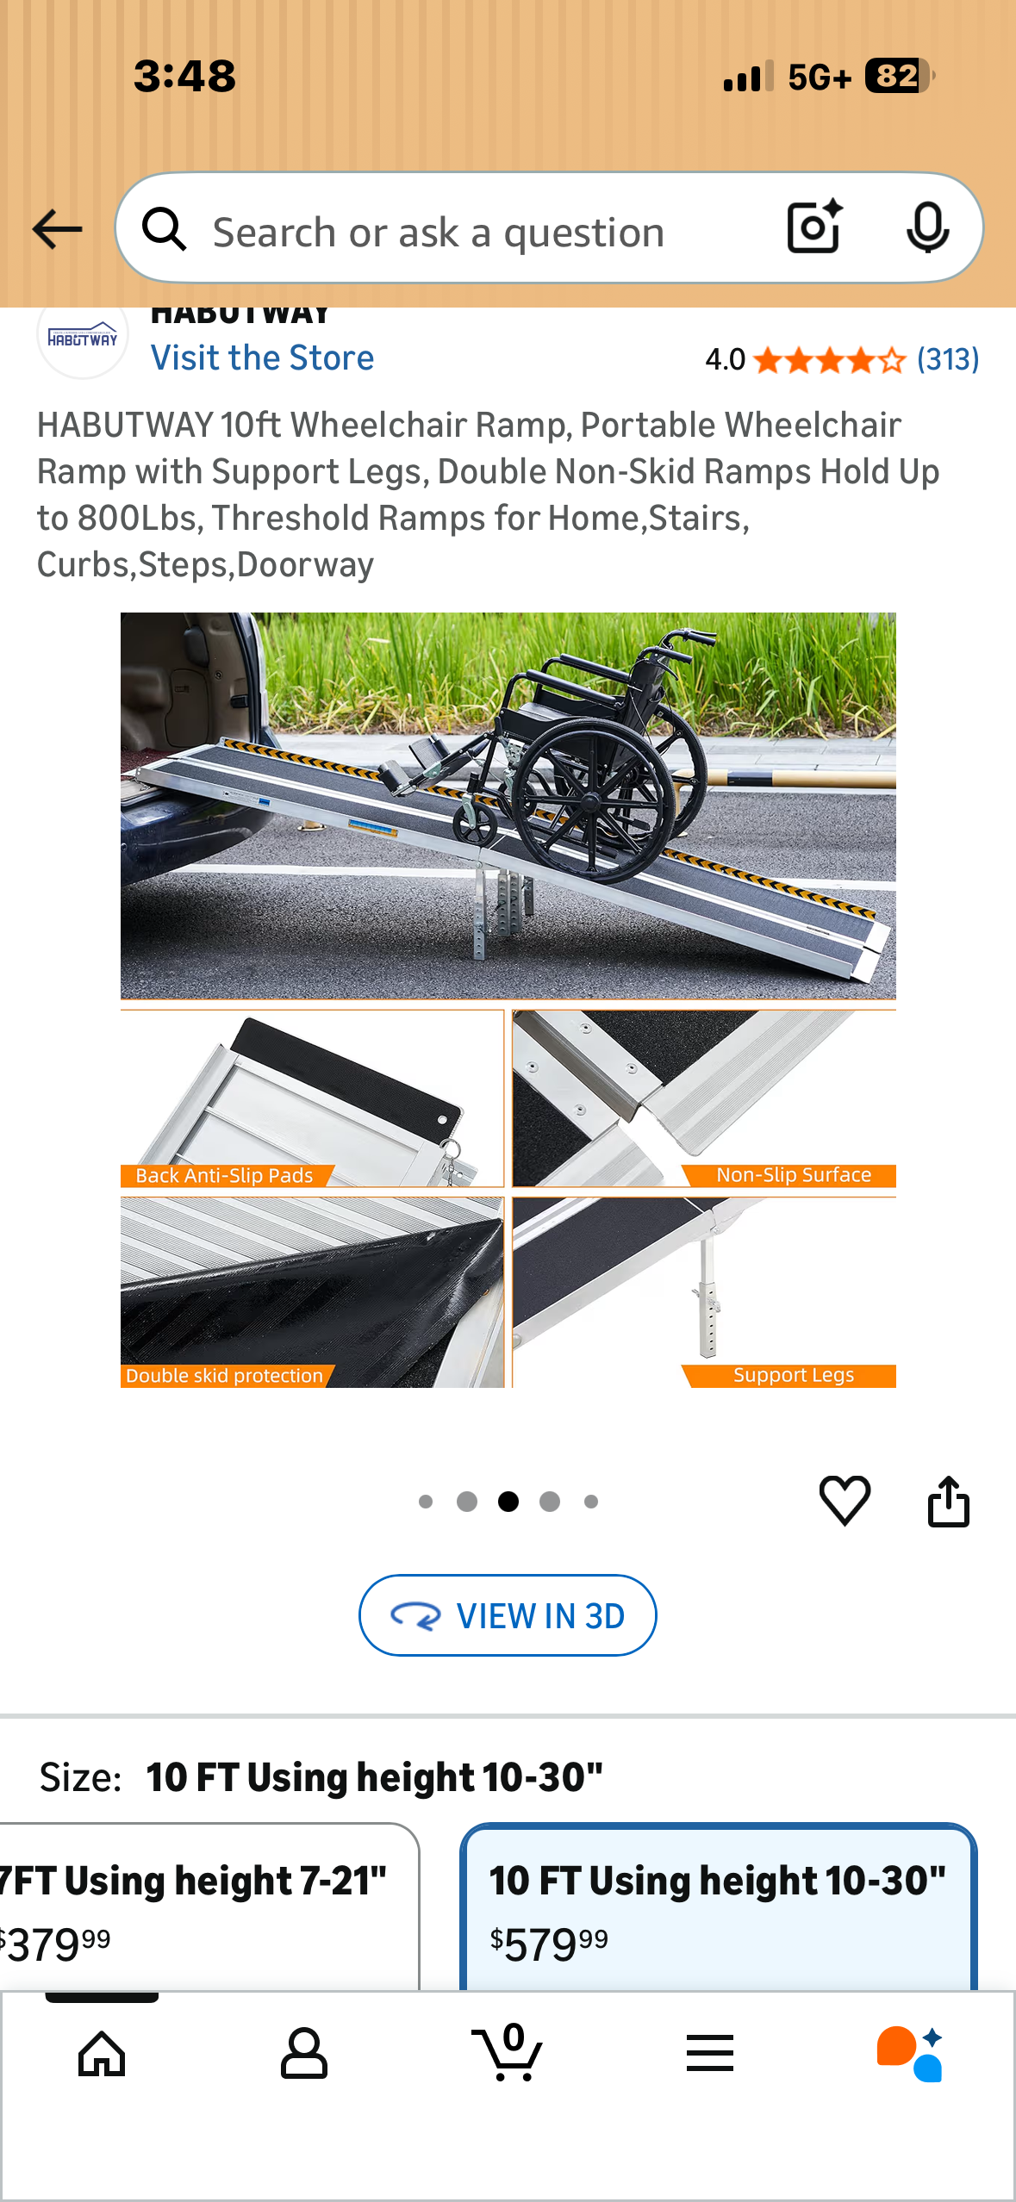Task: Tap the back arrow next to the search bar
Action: click(57, 229)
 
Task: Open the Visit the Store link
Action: click(262, 358)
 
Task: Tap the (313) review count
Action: click(948, 359)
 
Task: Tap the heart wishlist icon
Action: click(845, 1501)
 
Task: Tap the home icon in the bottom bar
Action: click(102, 2054)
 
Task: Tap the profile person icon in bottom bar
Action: click(304, 2054)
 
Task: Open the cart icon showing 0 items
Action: click(508, 2054)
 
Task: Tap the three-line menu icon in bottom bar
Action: click(710, 2054)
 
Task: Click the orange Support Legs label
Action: click(793, 1376)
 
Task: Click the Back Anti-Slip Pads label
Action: click(224, 1176)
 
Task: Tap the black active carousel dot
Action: click(508, 1502)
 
